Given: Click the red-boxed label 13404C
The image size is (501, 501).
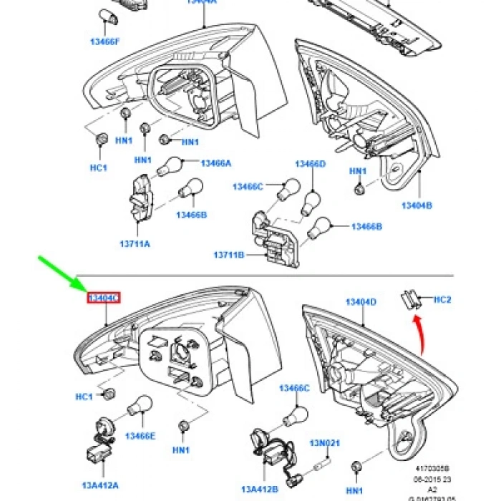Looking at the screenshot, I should coord(104,298).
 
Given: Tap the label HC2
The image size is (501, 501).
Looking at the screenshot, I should coord(443,299).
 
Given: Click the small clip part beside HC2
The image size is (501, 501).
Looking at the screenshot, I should coord(410,298).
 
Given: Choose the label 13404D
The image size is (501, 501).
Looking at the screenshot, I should coord(361,302).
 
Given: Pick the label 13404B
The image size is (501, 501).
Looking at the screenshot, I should coord(417,205).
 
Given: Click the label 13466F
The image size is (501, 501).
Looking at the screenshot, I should coord(104,42).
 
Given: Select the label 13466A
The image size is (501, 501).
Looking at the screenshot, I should coord(216,163).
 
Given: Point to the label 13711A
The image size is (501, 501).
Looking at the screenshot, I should coord(135,244).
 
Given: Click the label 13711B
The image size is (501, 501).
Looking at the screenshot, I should coord(229,255).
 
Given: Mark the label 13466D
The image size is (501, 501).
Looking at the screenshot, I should coord(311,164).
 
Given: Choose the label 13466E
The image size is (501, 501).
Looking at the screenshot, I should coord(140,436).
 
